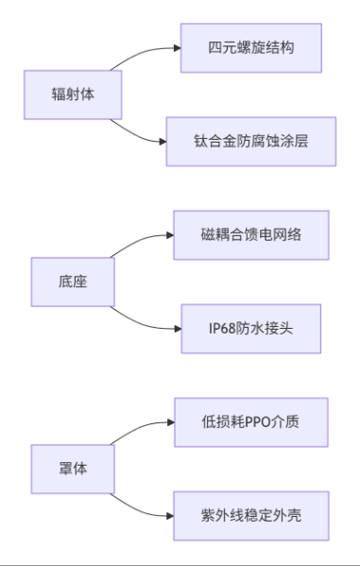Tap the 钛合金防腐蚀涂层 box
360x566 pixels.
point(251,141)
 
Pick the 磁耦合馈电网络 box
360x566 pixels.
point(251,234)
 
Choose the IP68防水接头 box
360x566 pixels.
point(251,328)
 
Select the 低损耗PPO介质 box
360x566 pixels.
point(251,421)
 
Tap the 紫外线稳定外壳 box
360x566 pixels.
point(251,515)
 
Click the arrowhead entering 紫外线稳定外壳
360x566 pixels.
point(170,515)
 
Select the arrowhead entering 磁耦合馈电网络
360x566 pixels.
point(170,234)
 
